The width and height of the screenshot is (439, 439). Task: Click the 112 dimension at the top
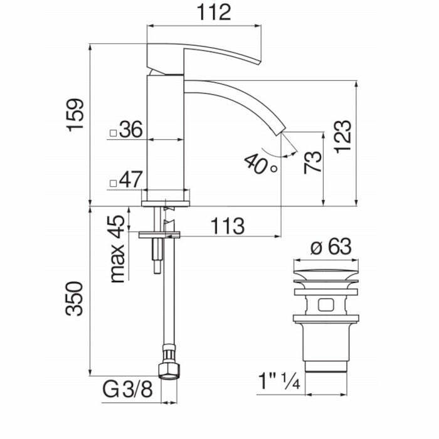(x=204, y=13)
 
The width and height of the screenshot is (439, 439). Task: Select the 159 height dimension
(x=76, y=114)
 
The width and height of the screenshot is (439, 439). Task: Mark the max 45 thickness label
(x=117, y=249)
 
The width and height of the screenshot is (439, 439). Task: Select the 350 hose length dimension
(x=76, y=299)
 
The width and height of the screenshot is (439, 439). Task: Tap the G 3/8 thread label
(x=127, y=391)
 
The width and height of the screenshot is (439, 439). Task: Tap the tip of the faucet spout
(x=280, y=130)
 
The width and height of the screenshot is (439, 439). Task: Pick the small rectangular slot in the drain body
(x=325, y=306)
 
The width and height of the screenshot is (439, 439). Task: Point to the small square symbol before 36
(x=113, y=132)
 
